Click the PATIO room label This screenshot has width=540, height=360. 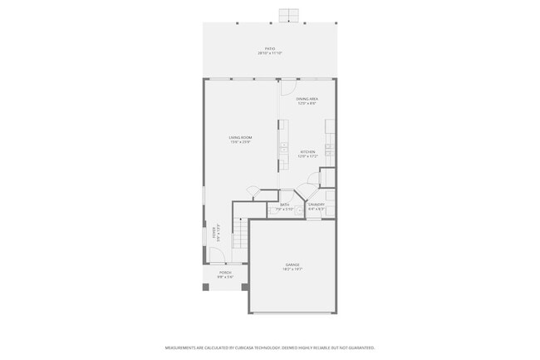tap(269, 49)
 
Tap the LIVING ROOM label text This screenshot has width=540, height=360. tap(241, 137)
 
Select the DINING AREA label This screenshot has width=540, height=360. tap(307, 99)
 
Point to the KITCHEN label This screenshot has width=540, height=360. tap(307, 152)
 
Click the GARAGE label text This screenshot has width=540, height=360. tap(293, 264)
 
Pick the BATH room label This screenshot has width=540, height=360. tap(284, 205)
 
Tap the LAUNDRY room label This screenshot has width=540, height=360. tap(316, 205)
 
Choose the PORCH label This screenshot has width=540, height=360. tap(224, 273)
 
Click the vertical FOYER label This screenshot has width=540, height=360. tap(214, 234)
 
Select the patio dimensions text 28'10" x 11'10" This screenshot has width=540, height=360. tap(269, 54)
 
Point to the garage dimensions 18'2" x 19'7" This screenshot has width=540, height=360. tap(293, 269)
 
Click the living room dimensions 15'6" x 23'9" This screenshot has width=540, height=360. tap(241, 142)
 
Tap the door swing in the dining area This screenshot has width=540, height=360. tap(288, 87)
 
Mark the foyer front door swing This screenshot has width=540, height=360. tap(218, 258)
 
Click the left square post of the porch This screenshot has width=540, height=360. tap(206, 288)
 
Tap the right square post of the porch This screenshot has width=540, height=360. tap(244, 288)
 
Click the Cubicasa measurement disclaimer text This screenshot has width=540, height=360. tap(269, 348)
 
